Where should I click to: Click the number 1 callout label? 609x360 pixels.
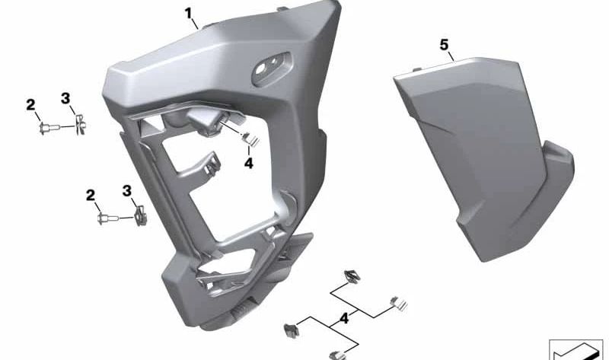click(188, 14)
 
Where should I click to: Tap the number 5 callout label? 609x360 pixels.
click(444, 45)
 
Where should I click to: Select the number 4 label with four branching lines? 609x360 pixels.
click(344, 319)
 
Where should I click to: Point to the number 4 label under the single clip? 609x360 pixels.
click(249, 164)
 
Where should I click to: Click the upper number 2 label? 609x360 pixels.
click(30, 105)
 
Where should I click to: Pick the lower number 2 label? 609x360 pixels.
click(91, 196)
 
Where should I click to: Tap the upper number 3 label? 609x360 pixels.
click(65, 99)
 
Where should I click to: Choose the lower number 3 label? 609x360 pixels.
click(126, 191)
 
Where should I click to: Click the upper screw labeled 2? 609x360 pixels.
click(49, 127)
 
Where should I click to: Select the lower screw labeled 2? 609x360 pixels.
click(107, 218)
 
